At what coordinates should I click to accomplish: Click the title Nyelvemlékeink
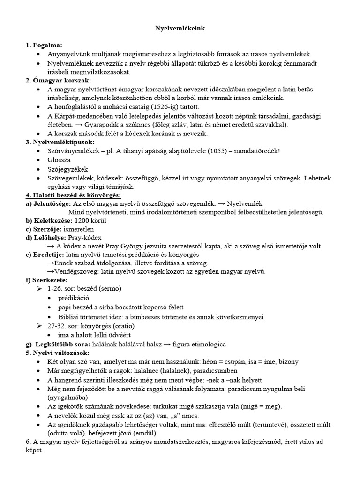[x=180, y=29]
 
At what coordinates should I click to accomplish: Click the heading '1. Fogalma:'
[x=44, y=45]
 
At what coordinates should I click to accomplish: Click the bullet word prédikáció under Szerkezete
[x=74, y=298]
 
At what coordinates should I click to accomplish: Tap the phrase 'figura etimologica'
[x=200, y=344]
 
